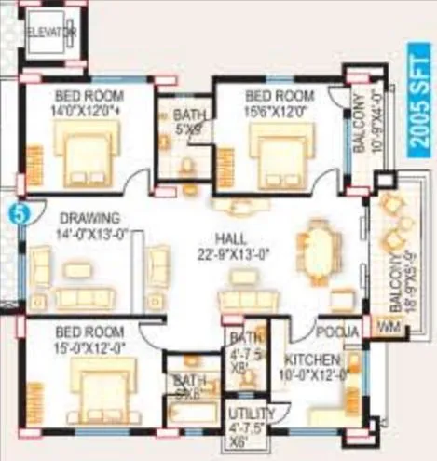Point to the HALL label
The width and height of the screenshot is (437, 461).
click(229, 237)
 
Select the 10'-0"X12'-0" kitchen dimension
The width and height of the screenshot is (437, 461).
click(312, 374)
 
